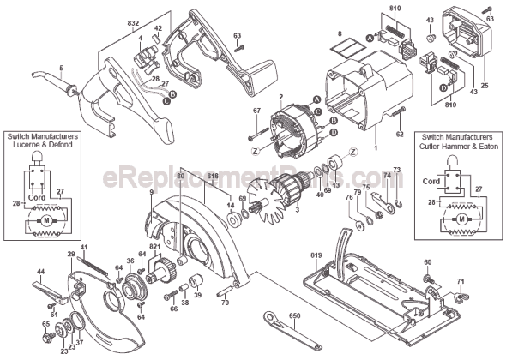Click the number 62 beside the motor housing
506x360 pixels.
[x=400, y=134]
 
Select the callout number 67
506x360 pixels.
[x=255, y=111]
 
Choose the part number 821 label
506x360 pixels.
[x=155, y=247]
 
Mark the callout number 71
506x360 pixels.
[x=460, y=281]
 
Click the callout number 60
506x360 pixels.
[x=428, y=261]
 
